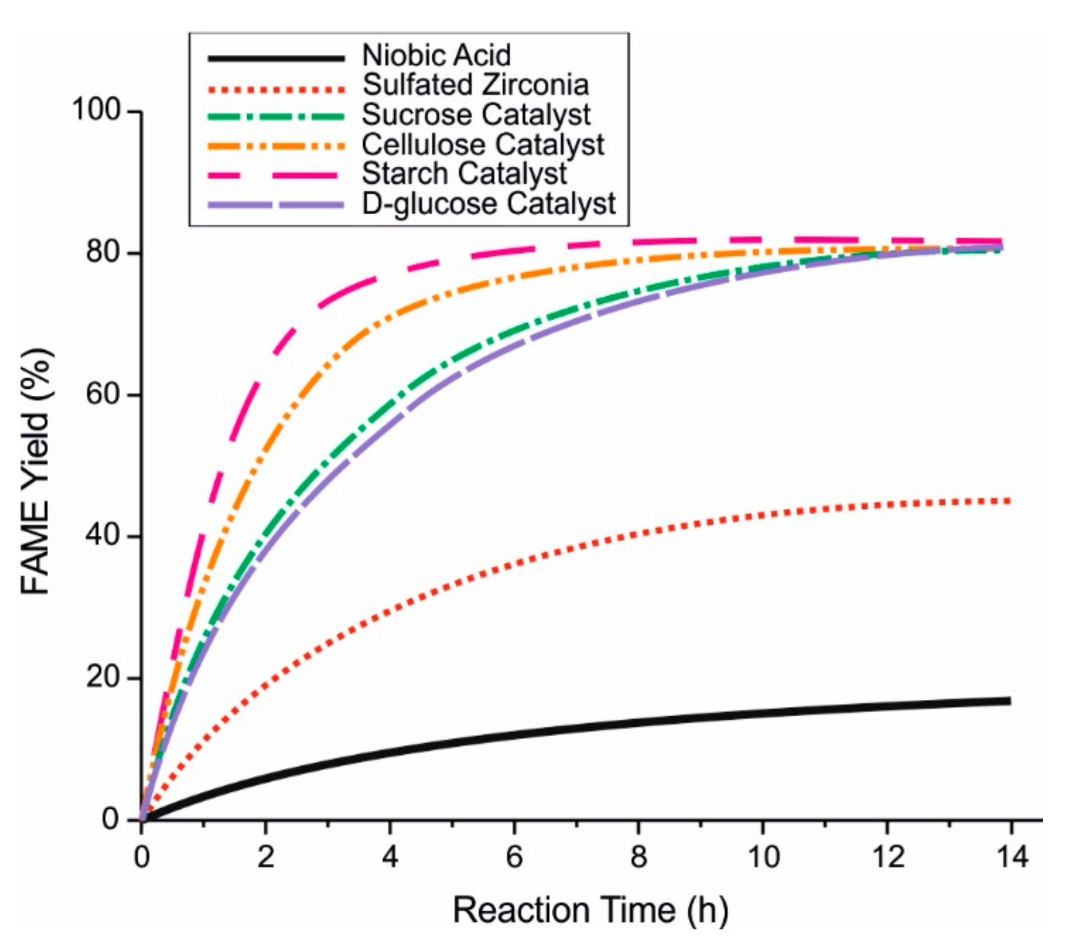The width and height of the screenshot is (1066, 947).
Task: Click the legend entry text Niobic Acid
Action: [x=436, y=55]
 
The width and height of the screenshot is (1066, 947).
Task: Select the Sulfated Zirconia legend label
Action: [x=475, y=85]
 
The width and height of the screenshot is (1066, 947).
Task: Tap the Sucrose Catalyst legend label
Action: [x=476, y=115]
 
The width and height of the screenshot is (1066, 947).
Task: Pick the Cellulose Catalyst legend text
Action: [x=482, y=144]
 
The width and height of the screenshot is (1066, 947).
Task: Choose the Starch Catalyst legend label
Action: [x=464, y=174]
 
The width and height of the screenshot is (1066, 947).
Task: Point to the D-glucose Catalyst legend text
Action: [x=488, y=204]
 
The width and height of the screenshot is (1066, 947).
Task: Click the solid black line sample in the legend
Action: [x=276, y=58]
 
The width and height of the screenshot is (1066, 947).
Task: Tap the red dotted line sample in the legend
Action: [x=276, y=88]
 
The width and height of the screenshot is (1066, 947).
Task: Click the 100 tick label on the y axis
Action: [x=96, y=110]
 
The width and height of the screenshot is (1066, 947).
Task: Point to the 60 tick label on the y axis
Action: [x=103, y=394]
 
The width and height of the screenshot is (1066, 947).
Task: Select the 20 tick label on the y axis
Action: [x=103, y=677]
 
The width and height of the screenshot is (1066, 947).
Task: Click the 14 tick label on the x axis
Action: [x=1011, y=857]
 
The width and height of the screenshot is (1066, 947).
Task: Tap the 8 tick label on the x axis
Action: [x=638, y=857]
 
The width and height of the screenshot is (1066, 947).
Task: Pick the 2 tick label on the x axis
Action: [x=265, y=857]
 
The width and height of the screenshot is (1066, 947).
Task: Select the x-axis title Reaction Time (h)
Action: [x=590, y=910]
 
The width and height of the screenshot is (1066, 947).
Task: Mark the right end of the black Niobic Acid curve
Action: [x=1009, y=701]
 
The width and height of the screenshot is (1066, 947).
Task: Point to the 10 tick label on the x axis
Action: [x=763, y=857]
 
